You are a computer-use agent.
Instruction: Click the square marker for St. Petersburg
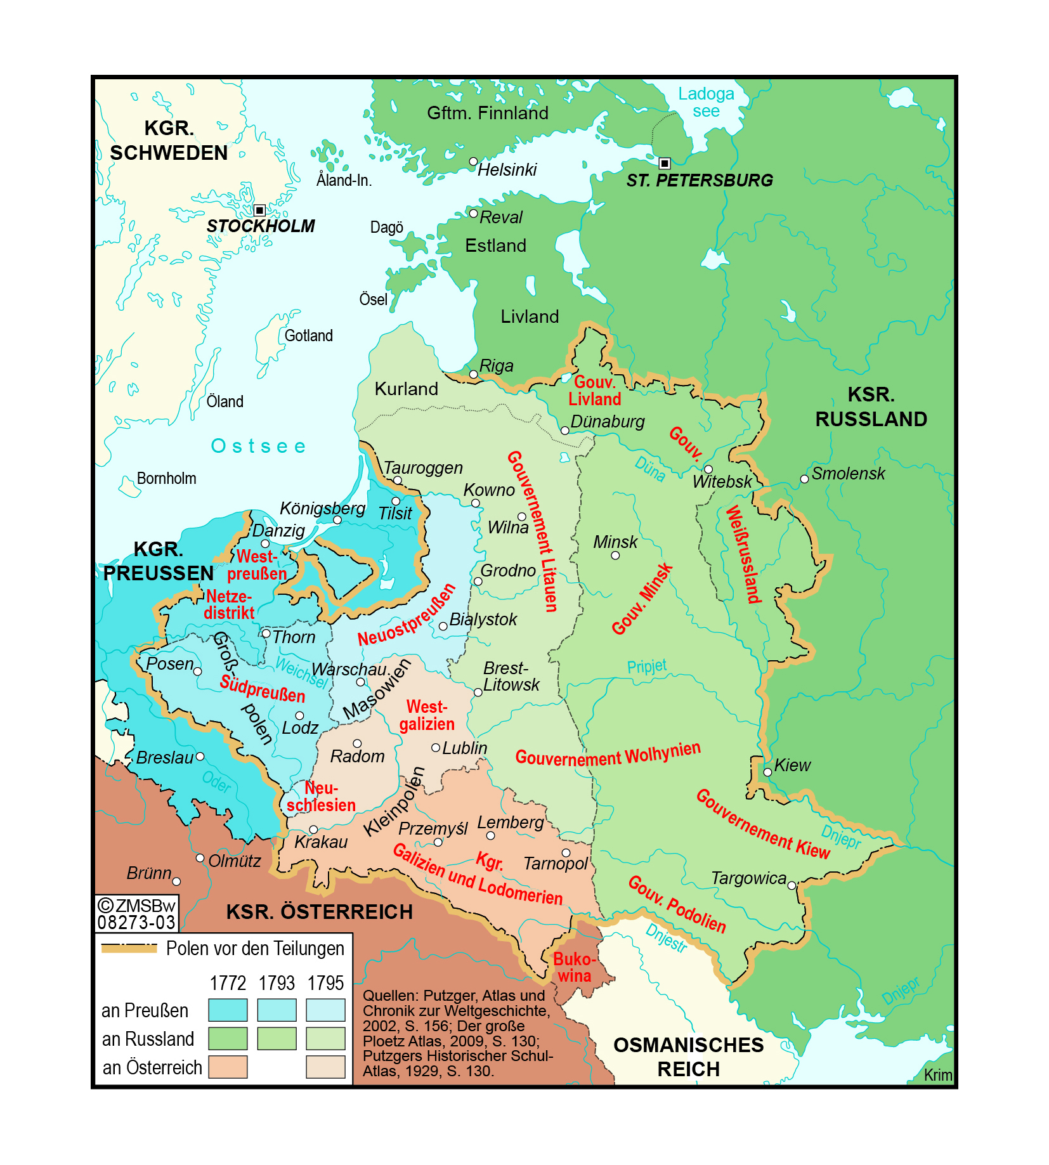click(664, 163)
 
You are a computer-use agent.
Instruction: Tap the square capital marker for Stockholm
click(259, 210)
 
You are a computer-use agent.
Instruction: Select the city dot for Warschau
click(360, 682)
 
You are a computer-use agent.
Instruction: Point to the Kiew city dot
click(767, 772)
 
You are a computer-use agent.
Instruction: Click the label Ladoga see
click(706, 103)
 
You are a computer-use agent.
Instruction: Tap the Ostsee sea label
click(258, 446)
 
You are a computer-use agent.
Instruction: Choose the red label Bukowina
click(574, 967)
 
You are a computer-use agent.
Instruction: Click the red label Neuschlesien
click(321, 797)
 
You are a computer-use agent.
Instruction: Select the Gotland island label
click(308, 335)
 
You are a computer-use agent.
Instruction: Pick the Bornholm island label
click(166, 478)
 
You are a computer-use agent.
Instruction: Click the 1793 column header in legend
click(277, 983)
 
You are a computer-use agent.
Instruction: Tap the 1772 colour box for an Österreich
click(228, 1067)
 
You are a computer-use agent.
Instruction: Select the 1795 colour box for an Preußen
click(325, 1010)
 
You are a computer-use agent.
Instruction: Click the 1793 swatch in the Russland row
click(277, 1039)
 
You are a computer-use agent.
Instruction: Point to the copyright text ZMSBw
click(138, 906)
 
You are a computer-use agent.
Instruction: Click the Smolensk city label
click(848, 473)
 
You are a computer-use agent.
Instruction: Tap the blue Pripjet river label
click(646, 666)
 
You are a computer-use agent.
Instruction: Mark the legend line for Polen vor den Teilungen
click(129, 949)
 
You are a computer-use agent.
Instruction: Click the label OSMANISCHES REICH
click(688, 1057)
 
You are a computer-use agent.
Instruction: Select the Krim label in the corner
click(937, 1075)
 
